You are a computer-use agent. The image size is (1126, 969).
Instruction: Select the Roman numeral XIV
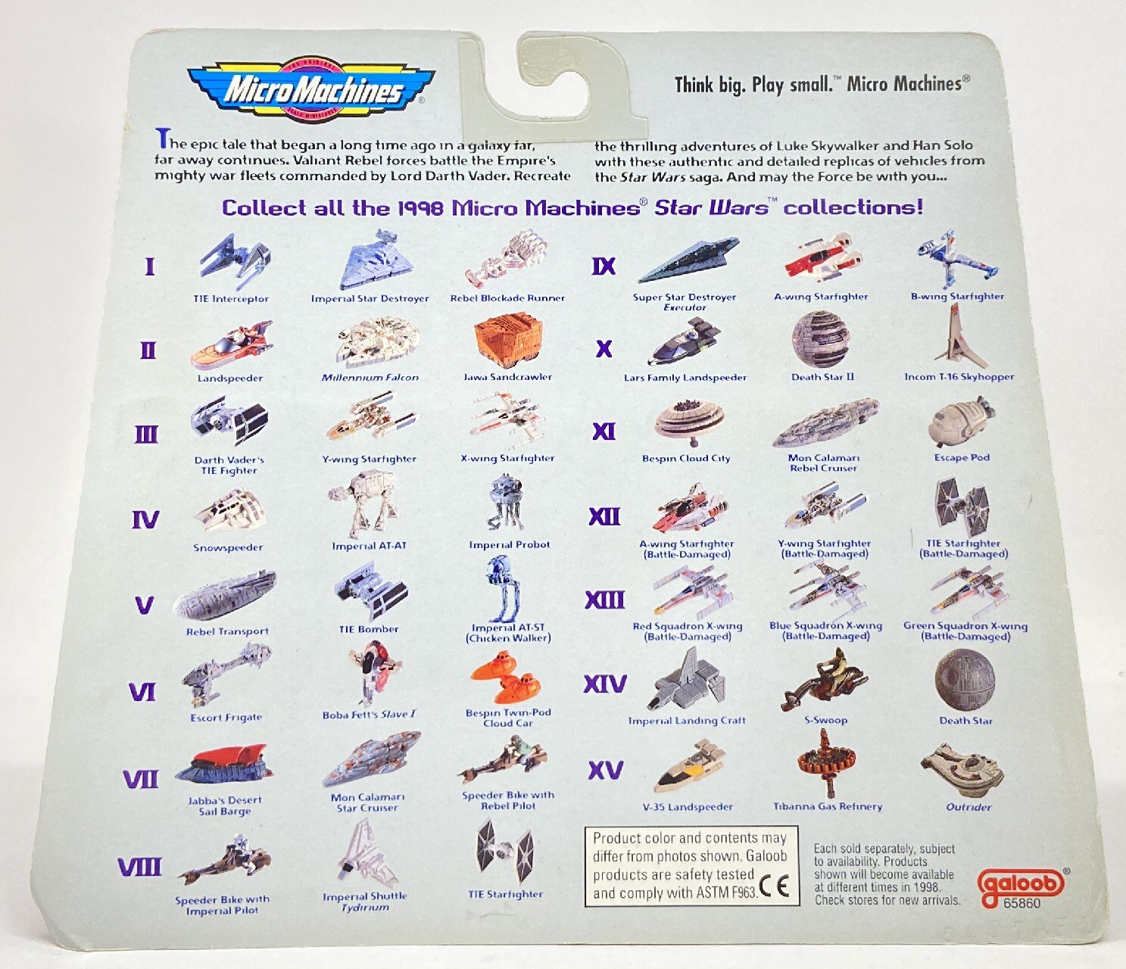tap(605, 684)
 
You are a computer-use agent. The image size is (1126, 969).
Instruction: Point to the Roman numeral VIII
tap(139, 867)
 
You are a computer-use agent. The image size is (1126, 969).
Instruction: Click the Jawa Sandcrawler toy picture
tap(507, 341)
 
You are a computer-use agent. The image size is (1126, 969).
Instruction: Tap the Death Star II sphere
tap(820, 339)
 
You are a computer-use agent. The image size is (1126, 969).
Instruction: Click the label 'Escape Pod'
tap(962, 457)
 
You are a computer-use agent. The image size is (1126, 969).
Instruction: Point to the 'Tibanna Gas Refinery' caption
tap(828, 807)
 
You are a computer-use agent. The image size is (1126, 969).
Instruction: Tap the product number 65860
tap(1022, 904)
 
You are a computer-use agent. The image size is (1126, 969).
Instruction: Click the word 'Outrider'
tap(968, 807)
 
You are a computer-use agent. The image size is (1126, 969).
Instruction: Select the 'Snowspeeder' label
tap(228, 547)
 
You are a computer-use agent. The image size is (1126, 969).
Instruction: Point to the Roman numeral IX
tap(604, 266)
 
